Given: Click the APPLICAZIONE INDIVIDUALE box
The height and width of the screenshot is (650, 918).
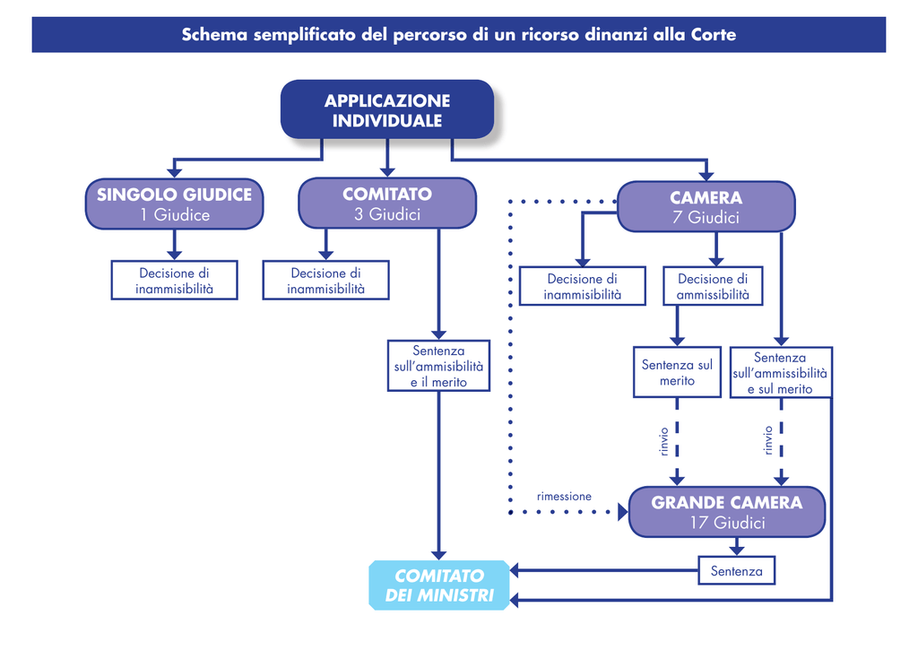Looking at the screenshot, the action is click(387, 109).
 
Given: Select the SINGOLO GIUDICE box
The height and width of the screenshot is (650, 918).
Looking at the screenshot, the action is click(175, 204).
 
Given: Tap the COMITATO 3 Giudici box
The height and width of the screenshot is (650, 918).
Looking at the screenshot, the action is click(387, 204).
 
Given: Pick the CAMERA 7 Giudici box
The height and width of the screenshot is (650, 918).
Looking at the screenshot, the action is click(706, 207).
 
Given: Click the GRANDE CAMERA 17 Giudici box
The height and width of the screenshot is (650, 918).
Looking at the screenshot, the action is click(726, 512).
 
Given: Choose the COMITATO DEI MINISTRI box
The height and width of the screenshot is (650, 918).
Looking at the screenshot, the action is click(439, 585).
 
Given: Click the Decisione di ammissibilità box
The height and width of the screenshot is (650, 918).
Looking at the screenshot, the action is click(713, 286).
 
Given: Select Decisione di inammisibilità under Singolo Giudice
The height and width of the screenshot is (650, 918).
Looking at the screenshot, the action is click(175, 281).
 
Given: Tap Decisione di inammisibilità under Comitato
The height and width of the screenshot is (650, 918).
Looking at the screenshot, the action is click(325, 281).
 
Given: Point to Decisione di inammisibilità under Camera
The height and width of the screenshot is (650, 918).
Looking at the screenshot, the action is click(583, 286).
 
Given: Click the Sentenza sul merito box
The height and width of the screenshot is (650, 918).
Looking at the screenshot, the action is click(677, 372).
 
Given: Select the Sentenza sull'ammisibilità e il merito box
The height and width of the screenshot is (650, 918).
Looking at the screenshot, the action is click(438, 366).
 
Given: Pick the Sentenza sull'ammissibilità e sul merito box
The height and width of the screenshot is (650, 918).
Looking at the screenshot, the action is click(781, 372).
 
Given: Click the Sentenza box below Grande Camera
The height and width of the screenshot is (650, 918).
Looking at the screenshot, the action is click(737, 571).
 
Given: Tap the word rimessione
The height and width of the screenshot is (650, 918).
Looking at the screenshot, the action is click(564, 497).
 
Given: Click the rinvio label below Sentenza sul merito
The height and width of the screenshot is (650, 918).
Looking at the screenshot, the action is click(663, 441).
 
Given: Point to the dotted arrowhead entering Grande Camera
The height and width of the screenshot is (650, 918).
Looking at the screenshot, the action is click(623, 512).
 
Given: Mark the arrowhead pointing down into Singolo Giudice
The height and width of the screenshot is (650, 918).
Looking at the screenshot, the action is click(174, 172).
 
